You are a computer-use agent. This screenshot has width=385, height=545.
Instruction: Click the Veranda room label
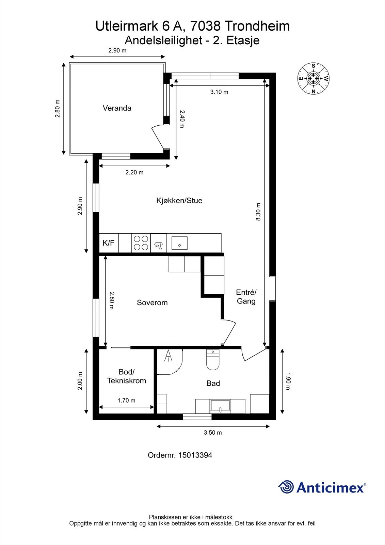tap(117, 108)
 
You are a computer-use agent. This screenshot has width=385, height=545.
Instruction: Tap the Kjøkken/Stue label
tap(179, 200)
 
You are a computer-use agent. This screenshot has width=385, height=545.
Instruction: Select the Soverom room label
tap(152, 302)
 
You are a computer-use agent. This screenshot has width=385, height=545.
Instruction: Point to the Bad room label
tap(213, 383)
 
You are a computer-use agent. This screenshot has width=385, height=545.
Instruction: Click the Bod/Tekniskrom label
tap(126, 376)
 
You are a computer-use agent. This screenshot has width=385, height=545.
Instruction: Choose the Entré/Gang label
tap(246, 296)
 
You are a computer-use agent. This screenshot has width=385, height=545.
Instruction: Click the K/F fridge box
tap(109, 243)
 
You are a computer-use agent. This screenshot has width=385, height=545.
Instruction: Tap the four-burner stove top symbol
tap(141, 243)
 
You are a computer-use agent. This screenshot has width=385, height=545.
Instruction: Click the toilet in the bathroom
tap(213, 360)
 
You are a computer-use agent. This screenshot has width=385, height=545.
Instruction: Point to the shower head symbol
tap(169, 356)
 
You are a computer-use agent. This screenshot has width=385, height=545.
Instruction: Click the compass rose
tap(313, 78)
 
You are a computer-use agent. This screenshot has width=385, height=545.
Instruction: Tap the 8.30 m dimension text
tap(258, 212)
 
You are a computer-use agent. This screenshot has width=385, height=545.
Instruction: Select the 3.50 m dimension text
tap(213, 433)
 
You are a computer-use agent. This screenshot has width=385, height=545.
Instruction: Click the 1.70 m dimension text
tap(126, 400)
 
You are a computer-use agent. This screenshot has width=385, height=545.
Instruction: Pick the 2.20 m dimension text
tap(134, 172)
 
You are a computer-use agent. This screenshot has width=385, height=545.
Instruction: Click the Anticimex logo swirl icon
tap(286, 487)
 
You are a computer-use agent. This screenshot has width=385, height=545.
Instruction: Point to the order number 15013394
tap(195, 455)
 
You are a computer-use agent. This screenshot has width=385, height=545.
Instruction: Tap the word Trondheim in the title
tap(257, 26)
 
